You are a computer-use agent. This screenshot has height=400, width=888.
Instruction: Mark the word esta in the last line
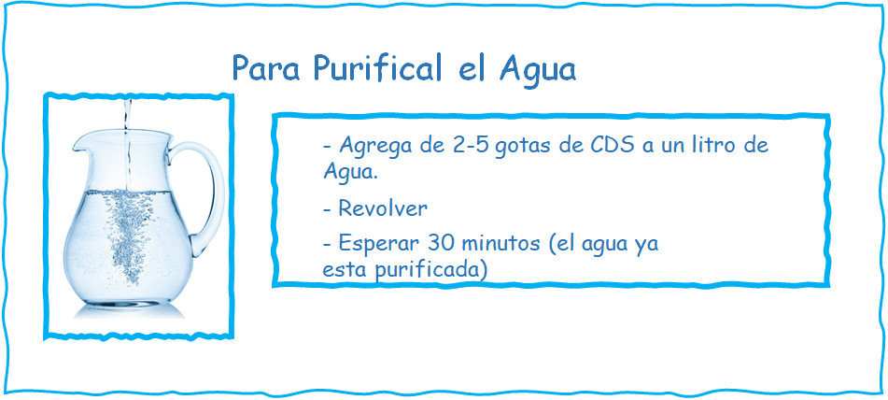(341, 269)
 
